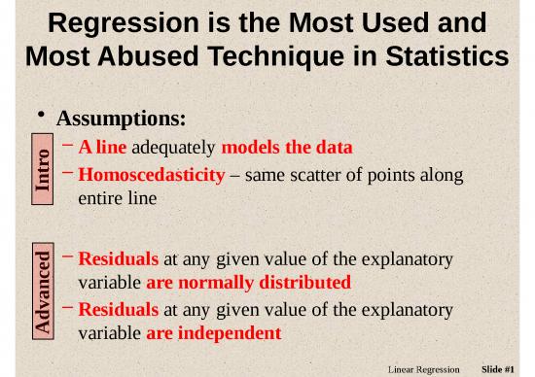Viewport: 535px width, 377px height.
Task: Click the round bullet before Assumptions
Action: [x=42, y=117]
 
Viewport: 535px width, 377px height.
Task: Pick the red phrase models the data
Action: [x=287, y=148]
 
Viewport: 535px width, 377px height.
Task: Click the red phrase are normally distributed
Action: [x=248, y=283]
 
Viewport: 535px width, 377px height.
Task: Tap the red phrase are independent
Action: [x=213, y=333]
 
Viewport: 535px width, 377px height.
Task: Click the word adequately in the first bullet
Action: [x=174, y=148]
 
